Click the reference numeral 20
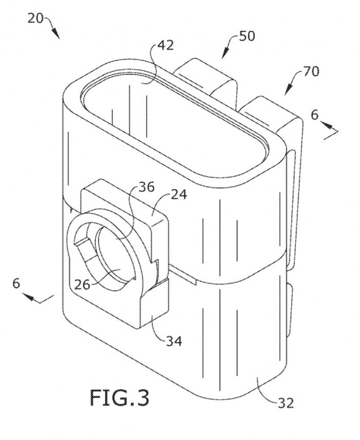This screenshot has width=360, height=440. pyautogui.click(x=35, y=19)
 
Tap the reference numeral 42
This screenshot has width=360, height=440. pyautogui.click(x=165, y=45)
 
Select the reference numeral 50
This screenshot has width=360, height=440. pyautogui.click(x=247, y=36)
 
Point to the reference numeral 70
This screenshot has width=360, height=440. pyautogui.click(x=311, y=71)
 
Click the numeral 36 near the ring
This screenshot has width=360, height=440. pyautogui.click(x=146, y=188)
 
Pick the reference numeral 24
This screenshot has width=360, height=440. pyautogui.click(x=178, y=194)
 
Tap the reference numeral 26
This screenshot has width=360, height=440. pyautogui.click(x=82, y=285)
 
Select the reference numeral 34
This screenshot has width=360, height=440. pyautogui.click(x=174, y=341)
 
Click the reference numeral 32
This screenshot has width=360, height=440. pyautogui.click(x=286, y=403)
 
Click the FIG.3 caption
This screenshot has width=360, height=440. pyautogui.click(x=119, y=398)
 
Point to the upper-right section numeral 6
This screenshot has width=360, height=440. pyautogui.click(x=315, y=115)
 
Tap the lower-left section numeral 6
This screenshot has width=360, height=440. pyautogui.click(x=16, y=283)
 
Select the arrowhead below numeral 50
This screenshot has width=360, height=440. pyautogui.click(x=225, y=54)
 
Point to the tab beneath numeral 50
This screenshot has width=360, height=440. pyautogui.click(x=205, y=78)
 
